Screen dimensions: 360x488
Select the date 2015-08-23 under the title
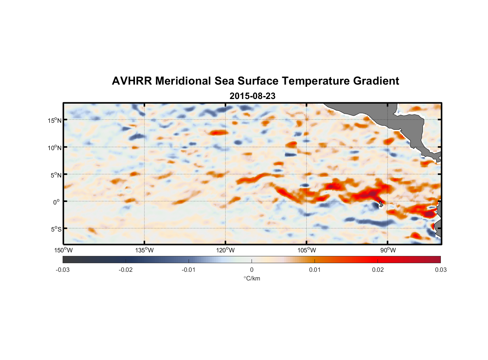pyautogui.click(x=252, y=96)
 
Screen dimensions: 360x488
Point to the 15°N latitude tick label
pyautogui.click(x=55, y=120)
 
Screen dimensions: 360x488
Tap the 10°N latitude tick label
pyautogui.click(x=55, y=148)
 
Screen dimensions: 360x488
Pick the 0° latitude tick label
pyautogui.click(x=57, y=202)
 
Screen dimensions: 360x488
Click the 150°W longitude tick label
pyautogui.click(x=63, y=250)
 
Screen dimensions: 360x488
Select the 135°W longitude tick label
pyautogui.click(x=144, y=250)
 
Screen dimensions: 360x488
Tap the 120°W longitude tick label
pyautogui.click(x=225, y=250)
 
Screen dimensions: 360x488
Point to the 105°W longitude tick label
pyautogui.click(x=307, y=250)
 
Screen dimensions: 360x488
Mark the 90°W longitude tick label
pyautogui.click(x=388, y=250)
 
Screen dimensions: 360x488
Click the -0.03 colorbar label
pyautogui.click(x=63, y=270)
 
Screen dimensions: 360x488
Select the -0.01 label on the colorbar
pyautogui.click(x=189, y=270)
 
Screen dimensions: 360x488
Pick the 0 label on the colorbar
pyautogui.click(x=252, y=270)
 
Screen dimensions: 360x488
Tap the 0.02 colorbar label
pyautogui.click(x=378, y=270)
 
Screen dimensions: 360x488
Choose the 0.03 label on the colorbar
pyautogui.click(x=440, y=270)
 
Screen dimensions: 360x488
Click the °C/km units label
pyautogui.click(x=252, y=278)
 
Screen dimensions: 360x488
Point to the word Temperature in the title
pyautogui.click(x=316, y=81)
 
